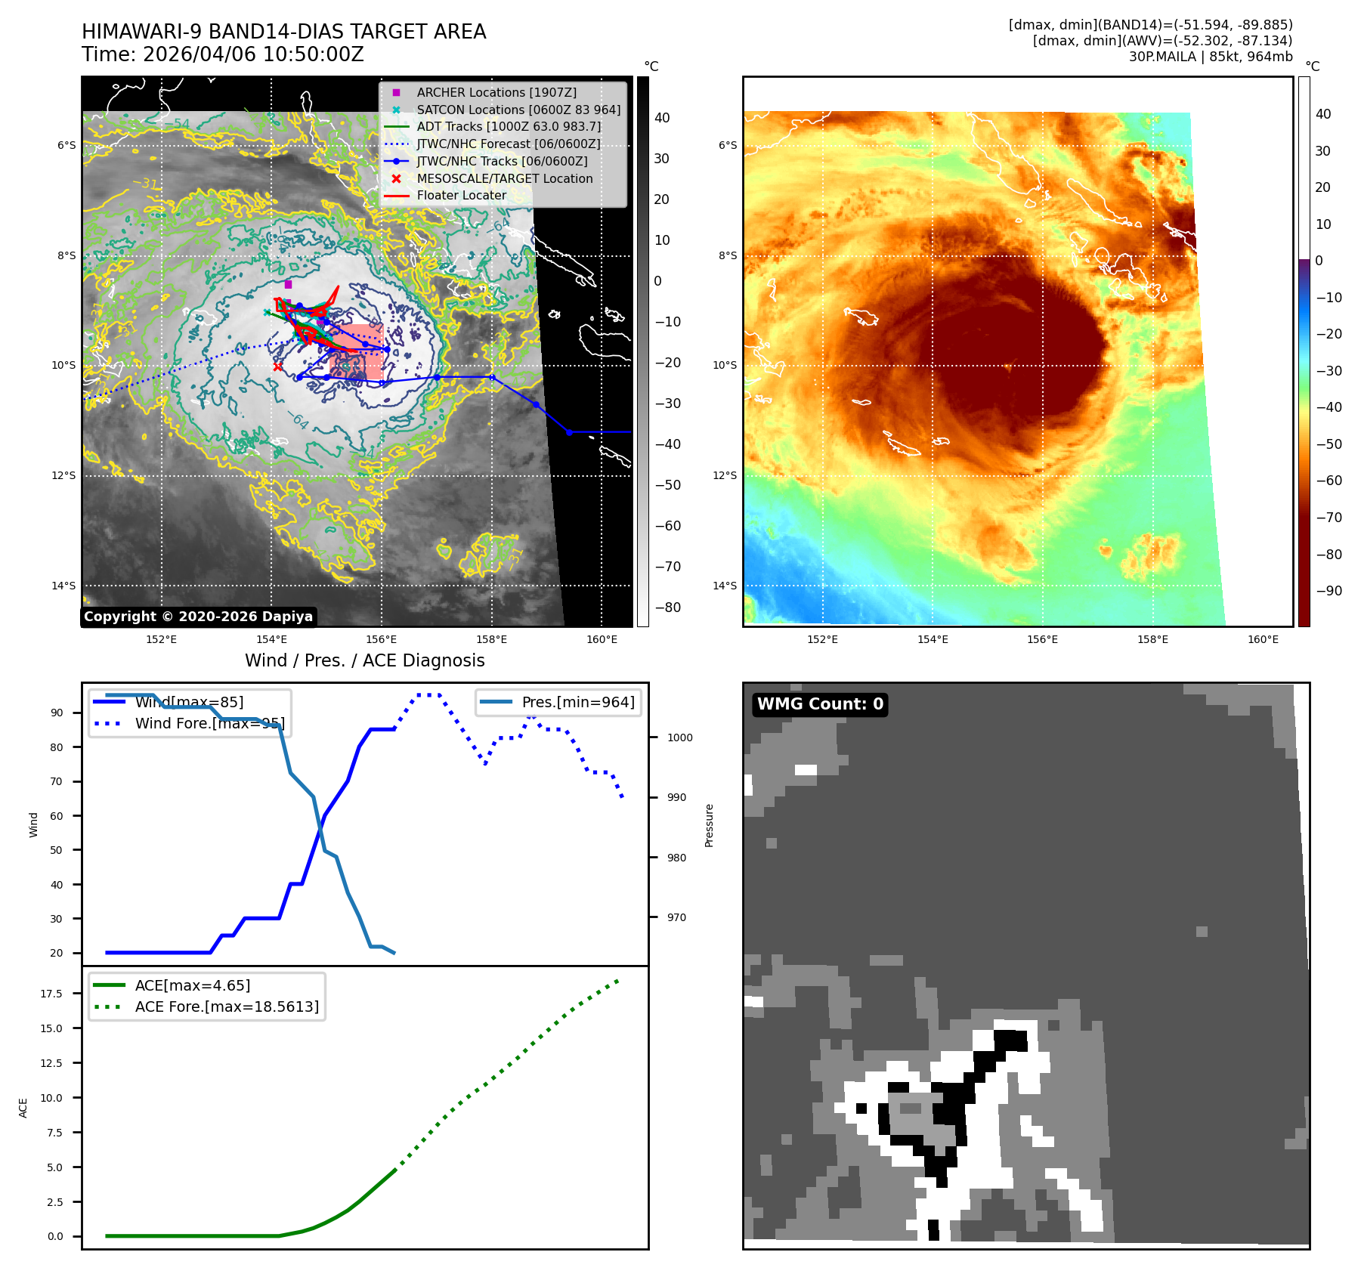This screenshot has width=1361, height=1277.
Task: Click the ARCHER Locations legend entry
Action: pyautogui.click(x=496, y=92)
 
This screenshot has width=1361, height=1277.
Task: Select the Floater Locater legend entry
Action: pyautogui.click(x=461, y=195)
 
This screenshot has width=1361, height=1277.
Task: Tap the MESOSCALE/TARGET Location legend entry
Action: pyautogui.click(x=504, y=178)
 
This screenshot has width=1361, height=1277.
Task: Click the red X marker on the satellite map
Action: pyautogui.click(x=278, y=367)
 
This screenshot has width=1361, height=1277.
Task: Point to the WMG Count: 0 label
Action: pyautogui.click(x=820, y=704)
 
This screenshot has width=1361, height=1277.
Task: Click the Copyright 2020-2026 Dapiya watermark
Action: pyautogui.click(x=198, y=617)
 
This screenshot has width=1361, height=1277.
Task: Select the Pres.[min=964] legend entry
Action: pyautogui.click(x=577, y=702)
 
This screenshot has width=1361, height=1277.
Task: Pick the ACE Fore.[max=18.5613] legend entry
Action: pyautogui.click(x=227, y=1006)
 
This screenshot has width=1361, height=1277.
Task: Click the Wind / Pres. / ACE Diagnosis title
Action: pyautogui.click(x=365, y=660)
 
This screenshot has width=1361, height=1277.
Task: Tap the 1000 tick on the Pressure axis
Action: pyautogui.click(x=679, y=737)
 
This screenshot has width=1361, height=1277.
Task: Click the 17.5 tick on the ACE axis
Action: pyautogui.click(x=51, y=994)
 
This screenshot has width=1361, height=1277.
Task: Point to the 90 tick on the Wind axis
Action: pyautogui.click(x=57, y=713)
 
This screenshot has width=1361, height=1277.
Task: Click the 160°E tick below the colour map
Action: pyautogui.click(x=1263, y=639)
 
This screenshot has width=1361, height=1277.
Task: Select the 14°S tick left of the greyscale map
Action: pyautogui.click(x=63, y=586)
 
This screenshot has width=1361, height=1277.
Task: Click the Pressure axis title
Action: pyautogui.click(x=709, y=825)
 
